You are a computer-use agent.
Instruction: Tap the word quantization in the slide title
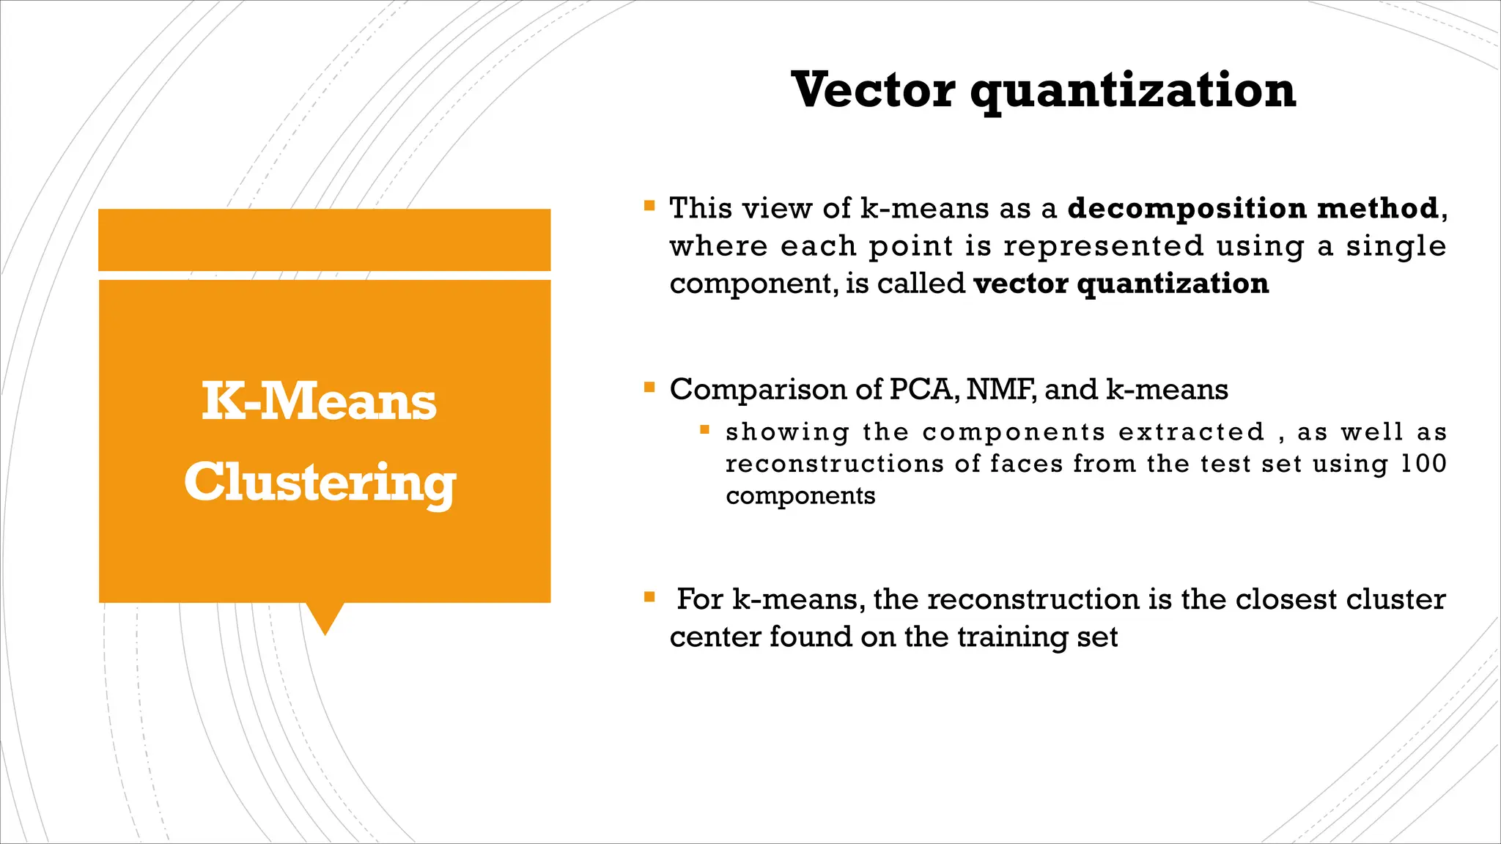pos(1133,91)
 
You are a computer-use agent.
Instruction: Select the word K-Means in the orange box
pos(319,401)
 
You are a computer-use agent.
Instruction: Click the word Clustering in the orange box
pos(320,482)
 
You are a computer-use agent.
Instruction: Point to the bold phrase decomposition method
pos(1253,208)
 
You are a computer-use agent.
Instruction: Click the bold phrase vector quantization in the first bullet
pos(1121,284)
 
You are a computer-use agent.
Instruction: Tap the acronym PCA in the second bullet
pos(923,389)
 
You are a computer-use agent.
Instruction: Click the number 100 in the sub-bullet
pos(1423,464)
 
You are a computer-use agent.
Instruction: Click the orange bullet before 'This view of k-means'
pos(649,206)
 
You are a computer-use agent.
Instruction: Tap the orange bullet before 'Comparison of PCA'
pos(649,387)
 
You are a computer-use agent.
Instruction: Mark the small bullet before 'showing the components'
pos(704,430)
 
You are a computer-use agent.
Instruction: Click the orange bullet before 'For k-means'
pos(649,597)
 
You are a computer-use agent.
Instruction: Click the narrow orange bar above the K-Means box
pos(324,240)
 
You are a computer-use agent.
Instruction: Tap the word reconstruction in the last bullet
pos(1034,599)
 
